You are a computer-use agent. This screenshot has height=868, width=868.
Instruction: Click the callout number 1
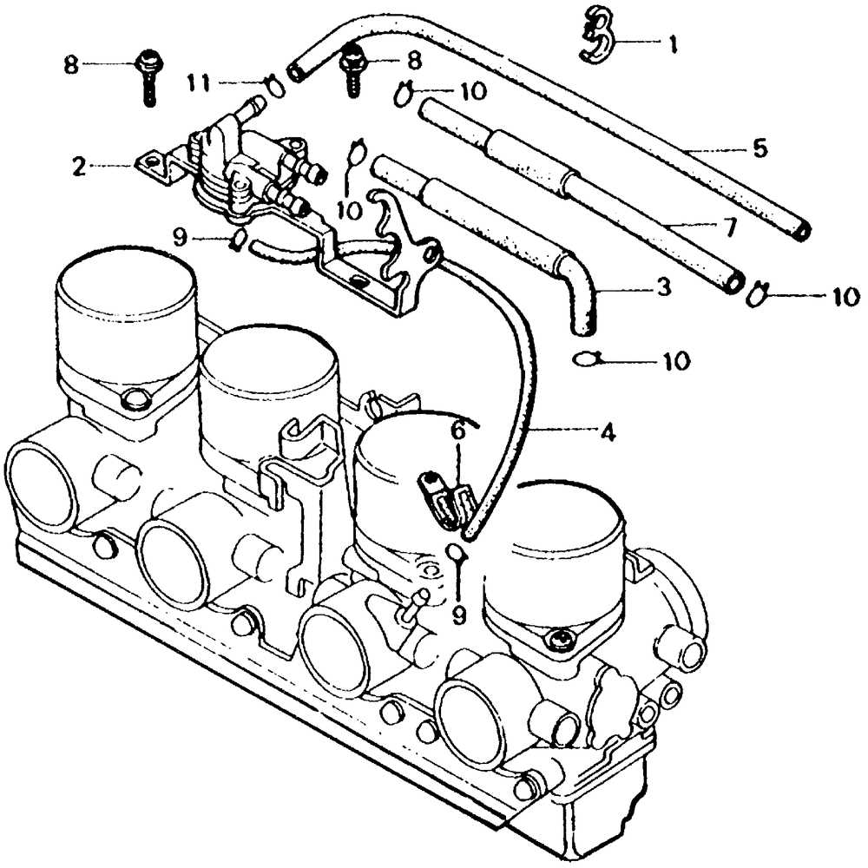(670, 43)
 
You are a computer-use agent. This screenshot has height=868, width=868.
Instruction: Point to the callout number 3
(663, 286)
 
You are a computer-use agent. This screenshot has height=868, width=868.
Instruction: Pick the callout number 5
(759, 148)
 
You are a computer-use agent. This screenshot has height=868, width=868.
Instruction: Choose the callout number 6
(457, 429)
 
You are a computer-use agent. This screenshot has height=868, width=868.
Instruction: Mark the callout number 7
(727, 227)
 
